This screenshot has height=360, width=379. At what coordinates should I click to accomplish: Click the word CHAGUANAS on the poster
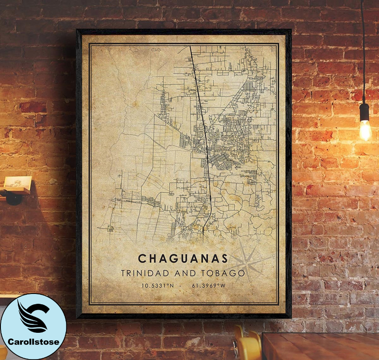click(183, 259)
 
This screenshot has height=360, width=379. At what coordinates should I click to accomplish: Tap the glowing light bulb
click(365, 130)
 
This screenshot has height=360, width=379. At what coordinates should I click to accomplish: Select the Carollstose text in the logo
click(33, 342)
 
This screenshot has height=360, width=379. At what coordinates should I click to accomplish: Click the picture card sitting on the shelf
click(19, 182)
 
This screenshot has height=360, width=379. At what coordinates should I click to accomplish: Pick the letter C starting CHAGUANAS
click(141, 259)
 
